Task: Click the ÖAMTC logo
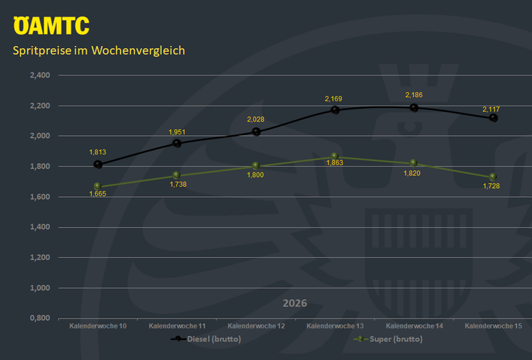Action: coord(52,26)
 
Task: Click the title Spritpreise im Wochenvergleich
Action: coord(99,51)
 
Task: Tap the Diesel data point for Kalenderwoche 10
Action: coord(98,164)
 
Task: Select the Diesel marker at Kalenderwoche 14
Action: coord(413,108)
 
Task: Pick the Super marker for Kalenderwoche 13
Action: coord(334,156)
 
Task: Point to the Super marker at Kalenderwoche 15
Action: coord(492,177)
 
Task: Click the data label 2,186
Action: coord(413,95)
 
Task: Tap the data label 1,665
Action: coord(98,194)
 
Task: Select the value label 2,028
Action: coord(255,119)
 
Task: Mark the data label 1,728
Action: coord(492,186)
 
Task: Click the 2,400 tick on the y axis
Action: coord(39,75)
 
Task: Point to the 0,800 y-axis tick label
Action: coord(39,318)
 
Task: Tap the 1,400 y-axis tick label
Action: coord(39,227)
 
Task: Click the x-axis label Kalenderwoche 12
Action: coord(256,326)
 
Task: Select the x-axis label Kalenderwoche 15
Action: coord(493,326)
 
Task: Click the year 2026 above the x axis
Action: coord(295,303)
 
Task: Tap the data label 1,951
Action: coord(177,132)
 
